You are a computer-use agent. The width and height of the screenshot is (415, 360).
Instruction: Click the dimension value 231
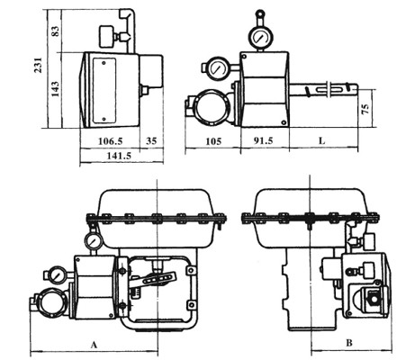tap(38, 65)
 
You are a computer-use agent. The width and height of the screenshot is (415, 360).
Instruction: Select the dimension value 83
tap(56, 31)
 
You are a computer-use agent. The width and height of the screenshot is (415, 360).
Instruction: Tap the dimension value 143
tap(55, 89)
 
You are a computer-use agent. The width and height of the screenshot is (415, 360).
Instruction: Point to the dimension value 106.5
tap(111, 140)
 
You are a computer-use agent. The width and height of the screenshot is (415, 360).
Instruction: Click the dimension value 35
tap(151, 140)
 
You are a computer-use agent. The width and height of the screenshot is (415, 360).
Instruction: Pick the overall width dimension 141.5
tap(119, 156)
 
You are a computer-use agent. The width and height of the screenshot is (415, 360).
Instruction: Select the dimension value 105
tap(213, 141)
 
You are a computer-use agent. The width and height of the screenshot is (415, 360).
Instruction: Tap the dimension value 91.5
tap(263, 140)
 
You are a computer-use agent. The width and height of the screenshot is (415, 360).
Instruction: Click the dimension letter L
tap(321, 140)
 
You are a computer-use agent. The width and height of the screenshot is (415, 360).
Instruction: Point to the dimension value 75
tap(365, 109)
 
